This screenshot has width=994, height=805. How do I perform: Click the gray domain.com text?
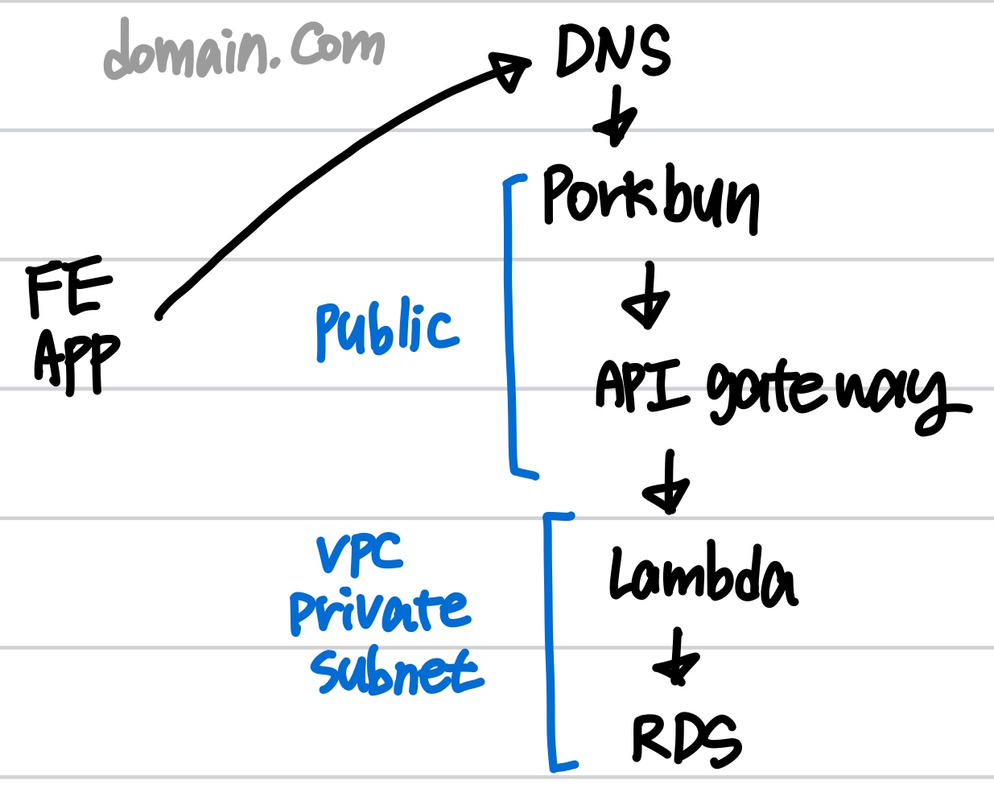244,50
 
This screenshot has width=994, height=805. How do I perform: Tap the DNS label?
613,51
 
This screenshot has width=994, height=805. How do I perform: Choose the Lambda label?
702,576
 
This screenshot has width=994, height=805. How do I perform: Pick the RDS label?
686,739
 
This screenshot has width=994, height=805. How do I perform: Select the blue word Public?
386,330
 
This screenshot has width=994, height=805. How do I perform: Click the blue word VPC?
359,555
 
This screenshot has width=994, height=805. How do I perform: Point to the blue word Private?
380,611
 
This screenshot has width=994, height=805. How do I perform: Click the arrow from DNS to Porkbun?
616,118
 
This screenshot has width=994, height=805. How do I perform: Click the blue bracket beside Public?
509,322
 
